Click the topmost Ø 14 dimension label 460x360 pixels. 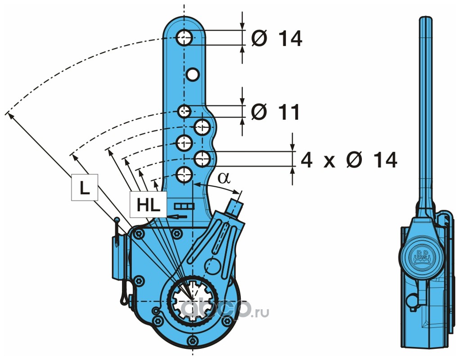pos(276,39)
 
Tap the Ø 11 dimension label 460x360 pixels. pos(275,112)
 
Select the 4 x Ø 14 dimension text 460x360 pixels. pos(349,160)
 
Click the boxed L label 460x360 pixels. pos(84,189)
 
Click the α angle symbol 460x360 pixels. pos(223,177)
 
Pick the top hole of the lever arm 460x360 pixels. pos(185,38)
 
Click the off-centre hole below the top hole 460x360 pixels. pos(193,74)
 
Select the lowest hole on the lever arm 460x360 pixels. pos(184,175)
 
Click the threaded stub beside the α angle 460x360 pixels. pos(235,205)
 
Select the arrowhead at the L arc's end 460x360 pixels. pos(9,114)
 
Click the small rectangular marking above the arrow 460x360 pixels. pos(184,206)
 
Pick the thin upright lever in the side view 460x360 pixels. pos(425,112)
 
